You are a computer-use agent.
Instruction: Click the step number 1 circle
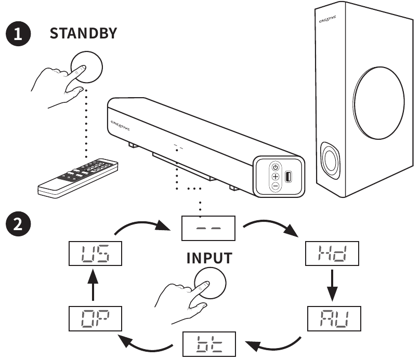click(18, 35)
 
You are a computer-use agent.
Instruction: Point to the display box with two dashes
click(207, 228)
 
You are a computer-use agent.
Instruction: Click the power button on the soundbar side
click(275, 167)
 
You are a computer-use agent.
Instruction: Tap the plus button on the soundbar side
click(275, 177)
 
